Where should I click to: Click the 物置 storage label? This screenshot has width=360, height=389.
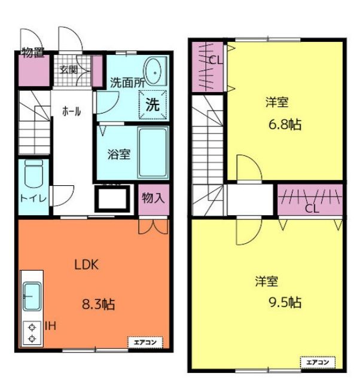point(33,53)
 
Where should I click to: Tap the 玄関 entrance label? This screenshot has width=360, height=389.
point(69,70)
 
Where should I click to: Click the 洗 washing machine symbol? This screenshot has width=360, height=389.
point(152,105)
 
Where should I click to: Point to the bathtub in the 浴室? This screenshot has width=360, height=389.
point(153,152)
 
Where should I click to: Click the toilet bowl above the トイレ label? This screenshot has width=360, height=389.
point(33,173)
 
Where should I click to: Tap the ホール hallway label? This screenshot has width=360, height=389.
point(72,111)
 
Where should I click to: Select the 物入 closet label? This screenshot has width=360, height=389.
point(153,198)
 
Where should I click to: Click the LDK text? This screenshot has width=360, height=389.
point(87,265)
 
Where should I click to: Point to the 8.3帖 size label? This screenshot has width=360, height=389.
point(98,304)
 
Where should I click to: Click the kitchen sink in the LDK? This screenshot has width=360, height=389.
point(32,296)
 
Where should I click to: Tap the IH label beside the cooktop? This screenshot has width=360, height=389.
point(50,326)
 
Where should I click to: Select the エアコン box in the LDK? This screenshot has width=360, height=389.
point(145,342)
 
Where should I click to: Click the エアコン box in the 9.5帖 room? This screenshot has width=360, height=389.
point(318,363)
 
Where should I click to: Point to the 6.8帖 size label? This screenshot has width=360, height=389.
point(285,124)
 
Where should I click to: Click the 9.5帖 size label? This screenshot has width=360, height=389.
point(285,302)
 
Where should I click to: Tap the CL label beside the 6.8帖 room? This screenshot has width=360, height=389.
point(215,60)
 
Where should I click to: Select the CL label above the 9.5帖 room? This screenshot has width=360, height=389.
point(312,209)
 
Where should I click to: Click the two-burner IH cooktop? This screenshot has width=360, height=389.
point(32,333)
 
